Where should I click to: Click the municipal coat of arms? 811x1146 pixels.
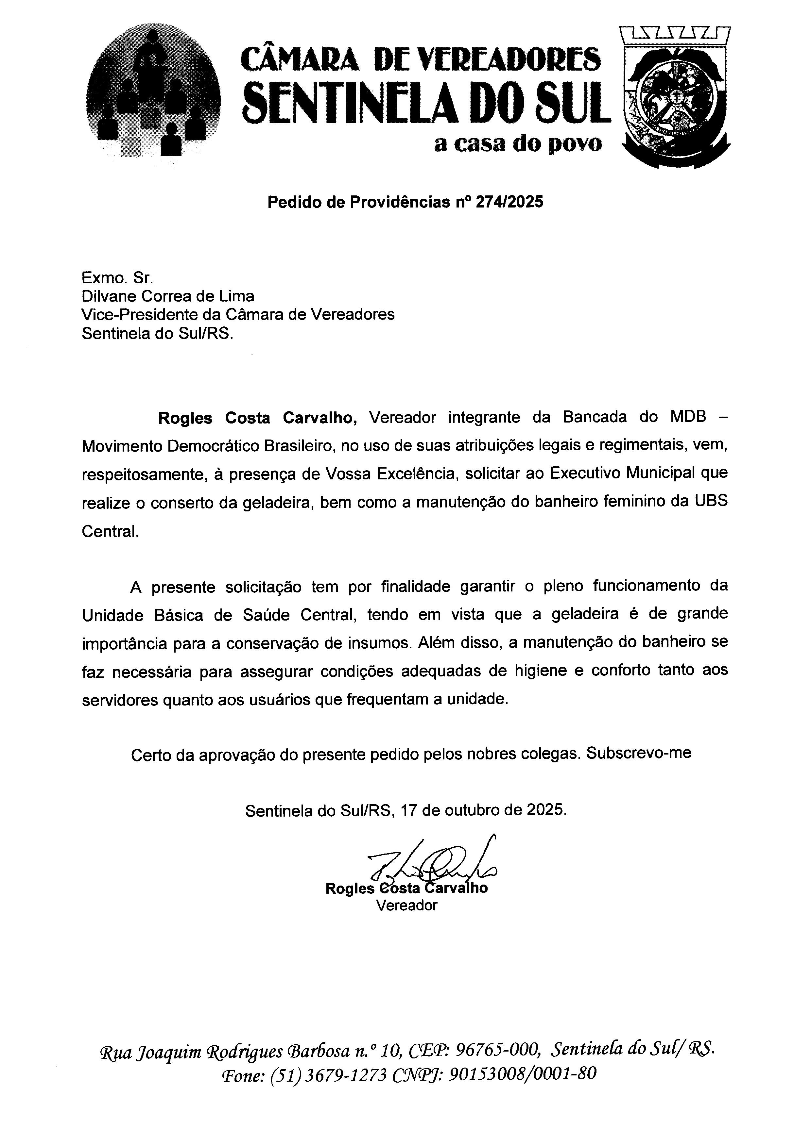(675, 97)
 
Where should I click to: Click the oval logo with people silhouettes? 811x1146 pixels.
(153, 92)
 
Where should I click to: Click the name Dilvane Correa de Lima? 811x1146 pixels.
(168, 296)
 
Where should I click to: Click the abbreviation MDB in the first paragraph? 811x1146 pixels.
(688, 417)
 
